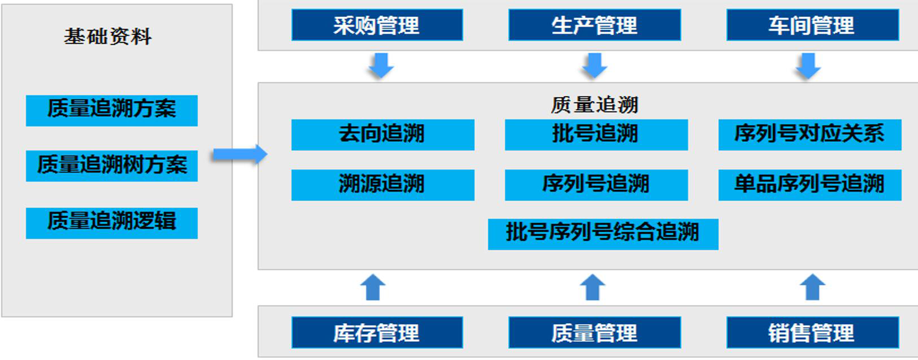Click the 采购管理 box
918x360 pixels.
click(377, 25)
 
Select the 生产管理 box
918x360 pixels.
click(595, 25)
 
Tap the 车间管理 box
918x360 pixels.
click(813, 25)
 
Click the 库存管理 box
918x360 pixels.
click(377, 332)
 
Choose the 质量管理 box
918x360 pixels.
click(595, 332)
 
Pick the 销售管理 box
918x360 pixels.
click(813, 332)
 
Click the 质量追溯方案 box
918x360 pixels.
click(111, 111)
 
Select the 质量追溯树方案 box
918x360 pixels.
click(111, 166)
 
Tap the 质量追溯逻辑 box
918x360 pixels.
click(111, 223)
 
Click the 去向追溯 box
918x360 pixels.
click(383, 135)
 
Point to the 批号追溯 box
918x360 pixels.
click(597, 135)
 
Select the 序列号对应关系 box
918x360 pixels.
click(810, 135)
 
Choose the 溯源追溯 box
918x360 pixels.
click(383, 185)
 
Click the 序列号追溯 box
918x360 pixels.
click(597, 185)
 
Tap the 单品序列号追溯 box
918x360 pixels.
click(810, 185)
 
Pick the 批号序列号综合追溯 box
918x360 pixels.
click(603, 234)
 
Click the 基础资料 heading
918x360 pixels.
click(108, 37)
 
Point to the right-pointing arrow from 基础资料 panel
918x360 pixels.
click(240, 155)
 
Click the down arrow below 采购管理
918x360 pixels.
click(381, 65)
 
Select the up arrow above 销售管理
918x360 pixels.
click(812, 287)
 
